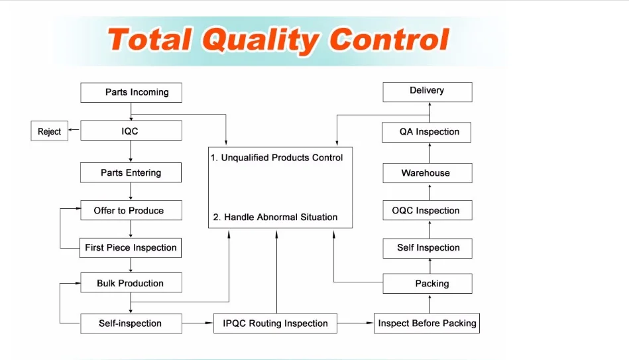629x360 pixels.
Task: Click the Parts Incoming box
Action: coord(131,92)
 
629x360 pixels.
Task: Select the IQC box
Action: coord(131,131)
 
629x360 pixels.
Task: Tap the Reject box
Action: coord(50,131)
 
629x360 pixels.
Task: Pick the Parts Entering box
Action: coord(131,172)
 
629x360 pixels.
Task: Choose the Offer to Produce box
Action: coord(131,210)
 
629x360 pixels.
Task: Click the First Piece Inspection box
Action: coord(131,247)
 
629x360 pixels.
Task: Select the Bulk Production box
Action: coord(131,283)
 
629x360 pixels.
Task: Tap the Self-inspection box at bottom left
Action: coord(131,324)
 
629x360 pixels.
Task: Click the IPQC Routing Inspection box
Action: coord(275,324)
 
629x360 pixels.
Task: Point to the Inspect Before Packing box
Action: coord(427,323)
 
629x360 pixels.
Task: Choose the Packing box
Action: coord(428,284)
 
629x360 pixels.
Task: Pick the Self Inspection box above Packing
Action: coord(428,247)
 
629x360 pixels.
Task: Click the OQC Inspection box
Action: coord(428,210)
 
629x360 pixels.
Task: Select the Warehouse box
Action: coord(428,173)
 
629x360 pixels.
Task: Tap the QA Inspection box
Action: coord(428,132)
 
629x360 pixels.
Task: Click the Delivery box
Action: coord(428,91)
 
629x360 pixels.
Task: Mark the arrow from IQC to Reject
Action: coord(73,131)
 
